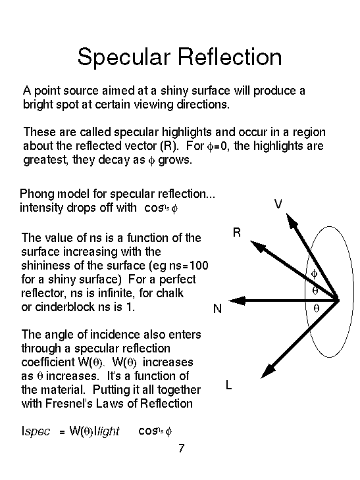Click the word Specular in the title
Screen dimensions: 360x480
pos(124,58)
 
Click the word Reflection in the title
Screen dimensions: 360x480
pos(230,57)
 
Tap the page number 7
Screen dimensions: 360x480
pos(182,448)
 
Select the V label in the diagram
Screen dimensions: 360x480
pos(278,204)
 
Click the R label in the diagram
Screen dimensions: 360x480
pos(237,233)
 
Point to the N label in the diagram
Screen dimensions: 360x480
pos(217,308)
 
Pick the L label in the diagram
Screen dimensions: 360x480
pos(228,385)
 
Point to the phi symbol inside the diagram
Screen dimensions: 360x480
pos(314,274)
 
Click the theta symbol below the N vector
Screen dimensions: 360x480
pos(316,308)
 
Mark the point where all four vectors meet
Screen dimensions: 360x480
pos(338,300)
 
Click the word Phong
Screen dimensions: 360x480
pos(38,195)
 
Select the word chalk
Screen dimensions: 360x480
pos(170,293)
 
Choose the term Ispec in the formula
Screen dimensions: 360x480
pos(36,431)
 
